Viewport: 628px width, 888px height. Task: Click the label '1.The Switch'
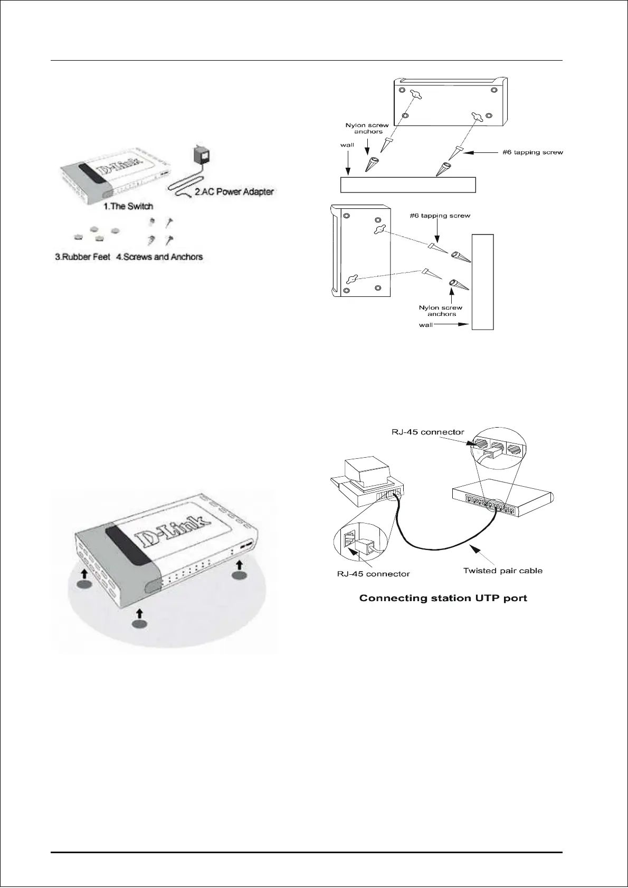129,206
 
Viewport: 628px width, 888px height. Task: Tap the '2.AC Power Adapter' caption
234,192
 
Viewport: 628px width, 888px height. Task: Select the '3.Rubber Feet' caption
82,257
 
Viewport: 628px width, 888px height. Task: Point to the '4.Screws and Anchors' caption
159,257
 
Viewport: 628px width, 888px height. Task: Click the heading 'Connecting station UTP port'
443,598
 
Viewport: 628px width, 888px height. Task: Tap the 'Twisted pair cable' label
502,571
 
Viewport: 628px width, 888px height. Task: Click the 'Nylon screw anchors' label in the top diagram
367,129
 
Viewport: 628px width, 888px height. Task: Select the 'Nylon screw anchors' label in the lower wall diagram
441,311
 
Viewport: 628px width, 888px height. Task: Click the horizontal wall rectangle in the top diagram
408,185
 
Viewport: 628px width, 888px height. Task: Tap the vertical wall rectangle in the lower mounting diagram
483,282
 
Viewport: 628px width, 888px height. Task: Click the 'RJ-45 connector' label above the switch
428,432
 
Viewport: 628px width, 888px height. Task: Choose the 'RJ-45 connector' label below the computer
373,574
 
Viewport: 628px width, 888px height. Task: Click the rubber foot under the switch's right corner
239,576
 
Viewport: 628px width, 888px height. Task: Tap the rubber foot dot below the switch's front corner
139,624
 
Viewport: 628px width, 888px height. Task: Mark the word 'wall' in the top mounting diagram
347,144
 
